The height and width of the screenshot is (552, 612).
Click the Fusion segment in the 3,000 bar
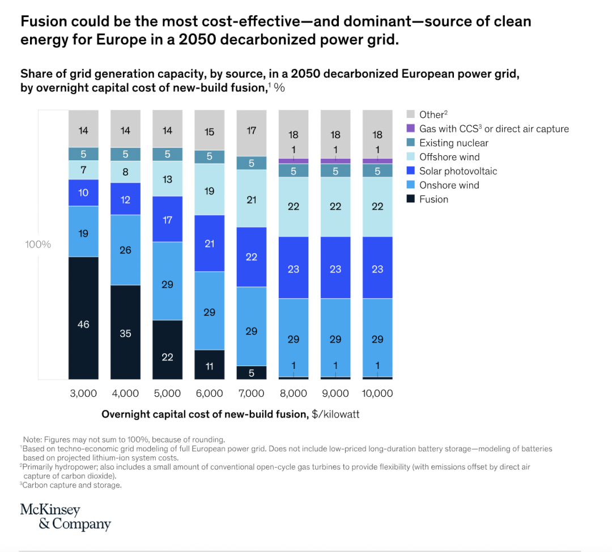pos(83,317)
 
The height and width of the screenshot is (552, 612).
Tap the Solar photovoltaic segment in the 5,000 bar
pos(167,219)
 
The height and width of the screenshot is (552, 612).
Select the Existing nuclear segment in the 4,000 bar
pos(125,154)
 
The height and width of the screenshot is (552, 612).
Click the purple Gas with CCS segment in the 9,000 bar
pos(335,161)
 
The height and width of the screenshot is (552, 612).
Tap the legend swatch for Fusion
pos(411,199)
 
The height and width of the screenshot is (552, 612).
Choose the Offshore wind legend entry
pos(449,157)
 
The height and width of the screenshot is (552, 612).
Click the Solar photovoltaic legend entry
pos(457,171)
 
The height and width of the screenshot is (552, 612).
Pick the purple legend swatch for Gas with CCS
pos(411,129)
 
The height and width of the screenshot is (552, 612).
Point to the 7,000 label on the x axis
pos(251,393)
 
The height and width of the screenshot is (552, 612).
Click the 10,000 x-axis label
pos(377,393)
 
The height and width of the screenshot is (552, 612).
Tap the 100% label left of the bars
pos(38,244)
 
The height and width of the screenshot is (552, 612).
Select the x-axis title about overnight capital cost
pos(230,414)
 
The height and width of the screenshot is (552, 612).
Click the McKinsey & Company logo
pos(65,516)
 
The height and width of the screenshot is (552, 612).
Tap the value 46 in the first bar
pos(83,325)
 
